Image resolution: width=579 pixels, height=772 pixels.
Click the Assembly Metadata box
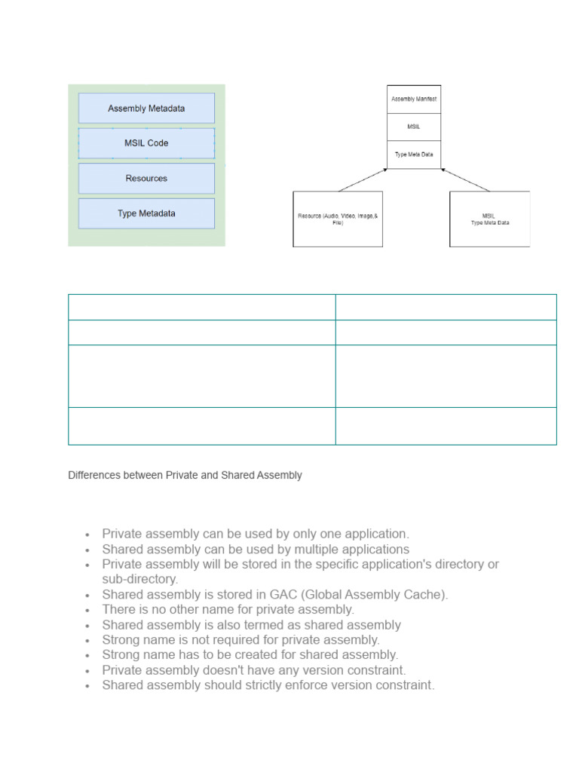(x=146, y=109)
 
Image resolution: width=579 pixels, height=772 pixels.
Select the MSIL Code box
(x=146, y=143)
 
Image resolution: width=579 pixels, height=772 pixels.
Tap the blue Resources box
(x=146, y=179)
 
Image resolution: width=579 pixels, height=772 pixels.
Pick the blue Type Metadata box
(x=146, y=213)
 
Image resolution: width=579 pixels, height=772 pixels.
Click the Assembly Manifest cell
(x=414, y=100)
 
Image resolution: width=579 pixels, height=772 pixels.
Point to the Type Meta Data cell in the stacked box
(x=414, y=155)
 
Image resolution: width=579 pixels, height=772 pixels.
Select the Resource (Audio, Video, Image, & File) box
(x=338, y=219)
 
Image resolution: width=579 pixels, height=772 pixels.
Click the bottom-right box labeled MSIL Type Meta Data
(x=489, y=219)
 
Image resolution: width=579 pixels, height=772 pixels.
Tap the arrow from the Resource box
(x=362, y=180)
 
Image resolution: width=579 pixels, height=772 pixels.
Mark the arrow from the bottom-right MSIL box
(x=465, y=180)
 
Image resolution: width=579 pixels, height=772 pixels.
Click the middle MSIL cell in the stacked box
(x=414, y=127)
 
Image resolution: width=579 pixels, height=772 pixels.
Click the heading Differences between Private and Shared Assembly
(x=185, y=476)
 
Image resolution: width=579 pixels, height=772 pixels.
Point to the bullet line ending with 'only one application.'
(x=256, y=535)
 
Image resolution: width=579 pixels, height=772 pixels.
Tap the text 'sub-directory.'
(x=140, y=580)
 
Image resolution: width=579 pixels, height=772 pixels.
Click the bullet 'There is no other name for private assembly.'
(x=228, y=610)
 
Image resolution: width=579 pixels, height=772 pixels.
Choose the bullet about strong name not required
(x=240, y=640)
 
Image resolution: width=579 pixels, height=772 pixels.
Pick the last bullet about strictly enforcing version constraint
(x=268, y=685)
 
